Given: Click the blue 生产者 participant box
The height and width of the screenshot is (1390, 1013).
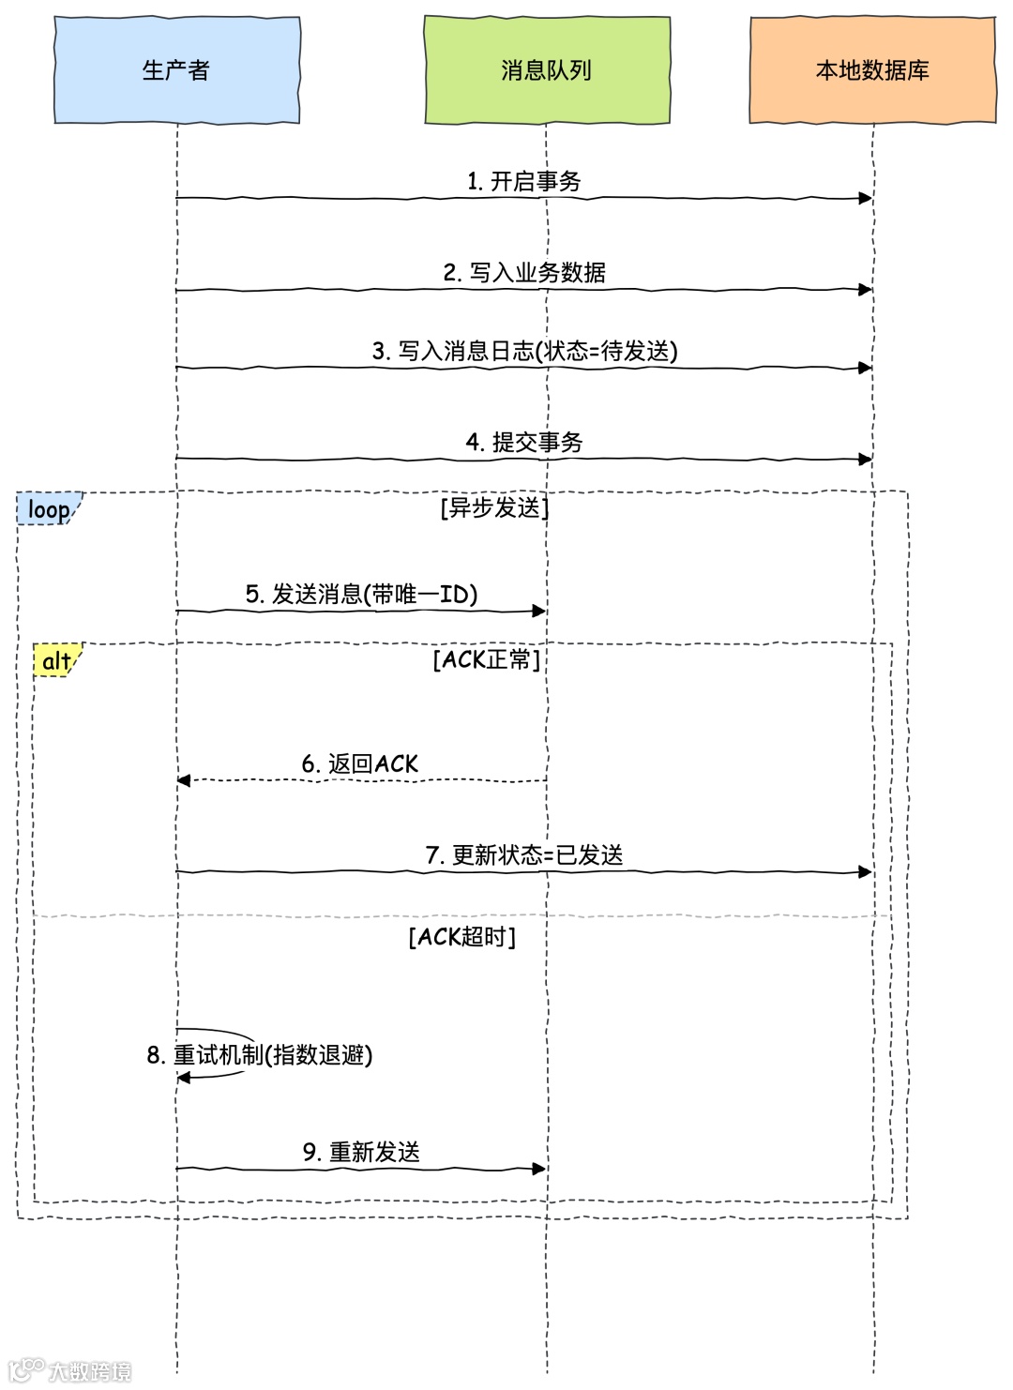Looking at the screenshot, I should point(176,70).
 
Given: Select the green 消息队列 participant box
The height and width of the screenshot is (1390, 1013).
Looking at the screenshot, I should point(547,70).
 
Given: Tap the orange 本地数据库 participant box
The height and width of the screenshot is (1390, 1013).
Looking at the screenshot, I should point(872,70).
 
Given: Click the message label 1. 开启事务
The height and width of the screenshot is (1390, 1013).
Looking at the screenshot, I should point(524,181).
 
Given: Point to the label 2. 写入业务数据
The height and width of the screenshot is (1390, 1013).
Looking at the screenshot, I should point(524,273).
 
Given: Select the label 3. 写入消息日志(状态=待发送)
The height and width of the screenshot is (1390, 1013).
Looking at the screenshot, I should point(524,352).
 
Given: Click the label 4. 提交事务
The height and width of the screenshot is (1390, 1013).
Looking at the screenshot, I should point(524,443).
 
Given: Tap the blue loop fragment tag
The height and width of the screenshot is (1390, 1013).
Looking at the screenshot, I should point(49,509).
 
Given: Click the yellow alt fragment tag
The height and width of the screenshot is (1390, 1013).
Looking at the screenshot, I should point(56,661).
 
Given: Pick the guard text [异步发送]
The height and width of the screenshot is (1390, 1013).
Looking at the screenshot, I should point(494,508).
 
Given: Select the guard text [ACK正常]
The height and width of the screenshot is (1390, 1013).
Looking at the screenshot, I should point(486,660).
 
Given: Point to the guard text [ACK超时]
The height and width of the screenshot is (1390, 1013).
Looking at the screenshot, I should point(461,937).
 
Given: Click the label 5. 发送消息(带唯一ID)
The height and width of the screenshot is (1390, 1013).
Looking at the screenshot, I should point(361,595).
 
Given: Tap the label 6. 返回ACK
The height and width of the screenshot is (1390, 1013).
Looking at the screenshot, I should point(360,764).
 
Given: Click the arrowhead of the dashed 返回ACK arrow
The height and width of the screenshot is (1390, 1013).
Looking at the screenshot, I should point(184,780).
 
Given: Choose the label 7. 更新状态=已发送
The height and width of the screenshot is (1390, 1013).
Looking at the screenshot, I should point(524,855).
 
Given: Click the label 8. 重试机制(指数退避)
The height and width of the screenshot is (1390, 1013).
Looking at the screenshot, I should point(260,1055).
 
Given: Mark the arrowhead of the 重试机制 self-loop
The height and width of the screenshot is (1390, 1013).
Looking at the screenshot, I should point(184,1078).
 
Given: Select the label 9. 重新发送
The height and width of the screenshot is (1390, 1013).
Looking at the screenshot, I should point(361,1152).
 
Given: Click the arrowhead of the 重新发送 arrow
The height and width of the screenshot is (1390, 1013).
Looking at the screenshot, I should point(539,1169).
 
